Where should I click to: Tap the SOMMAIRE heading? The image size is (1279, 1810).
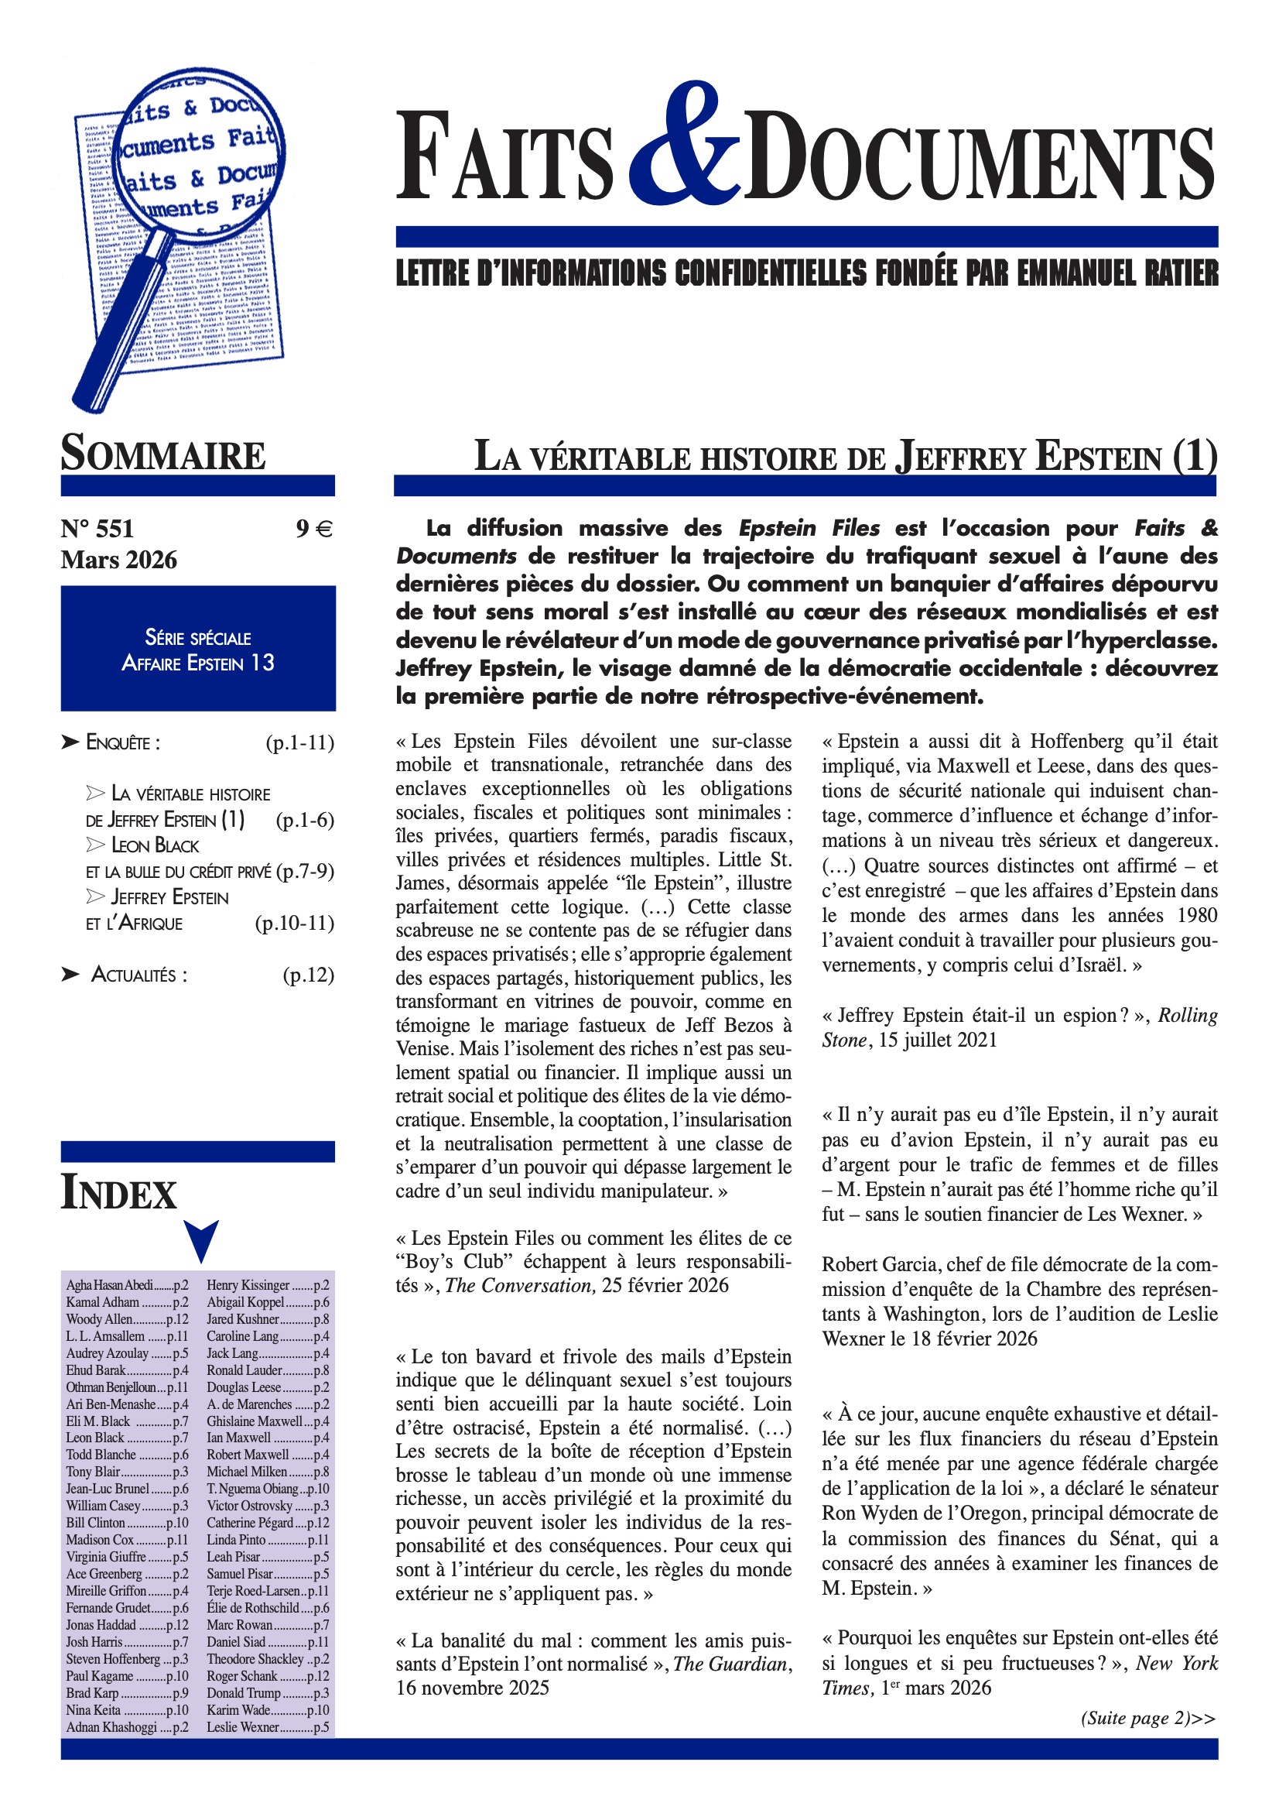pos(163,454)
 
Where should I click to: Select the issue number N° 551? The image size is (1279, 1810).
pos(97,528)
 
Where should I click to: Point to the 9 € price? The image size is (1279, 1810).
pos(314,528)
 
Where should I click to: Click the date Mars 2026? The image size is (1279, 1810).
pos(119,560)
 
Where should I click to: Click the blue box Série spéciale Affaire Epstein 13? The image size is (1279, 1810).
pos(198,648)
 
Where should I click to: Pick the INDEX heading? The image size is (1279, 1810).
pos(119,1194)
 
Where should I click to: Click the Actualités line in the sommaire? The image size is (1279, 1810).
pos(139,975)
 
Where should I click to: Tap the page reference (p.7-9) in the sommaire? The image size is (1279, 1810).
pos(305,871)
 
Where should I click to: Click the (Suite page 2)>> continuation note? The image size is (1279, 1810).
pos(1147,1719)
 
